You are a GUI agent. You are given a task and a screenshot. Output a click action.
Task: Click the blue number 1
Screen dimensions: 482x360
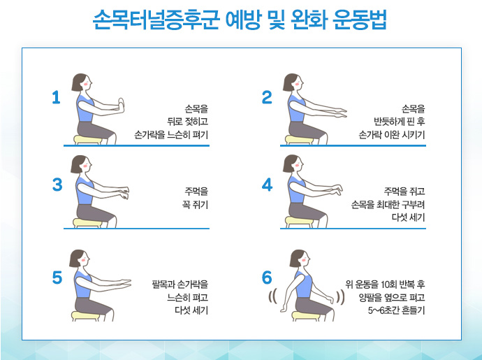point(57,97)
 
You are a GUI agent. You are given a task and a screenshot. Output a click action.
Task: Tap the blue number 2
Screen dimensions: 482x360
point(267,97)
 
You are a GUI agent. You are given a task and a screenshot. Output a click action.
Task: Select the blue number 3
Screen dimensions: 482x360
point(57,185)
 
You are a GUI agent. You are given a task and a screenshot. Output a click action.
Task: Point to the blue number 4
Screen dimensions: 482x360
point(267,185)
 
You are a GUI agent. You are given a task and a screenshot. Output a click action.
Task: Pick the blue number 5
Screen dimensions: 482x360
point(57,278)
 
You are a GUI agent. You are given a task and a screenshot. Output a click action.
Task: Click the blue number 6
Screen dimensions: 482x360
point(267,278)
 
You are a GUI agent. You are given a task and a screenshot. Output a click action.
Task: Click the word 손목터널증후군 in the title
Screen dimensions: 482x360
point(156,20)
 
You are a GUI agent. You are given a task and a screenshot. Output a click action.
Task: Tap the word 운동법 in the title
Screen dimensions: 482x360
point(359,20)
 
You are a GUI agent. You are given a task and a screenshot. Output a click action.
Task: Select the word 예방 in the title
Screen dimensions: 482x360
point(243,20)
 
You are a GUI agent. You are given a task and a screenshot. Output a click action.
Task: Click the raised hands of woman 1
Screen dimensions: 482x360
point(122,106)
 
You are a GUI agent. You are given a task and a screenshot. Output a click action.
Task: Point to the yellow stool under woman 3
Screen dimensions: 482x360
point(87,223)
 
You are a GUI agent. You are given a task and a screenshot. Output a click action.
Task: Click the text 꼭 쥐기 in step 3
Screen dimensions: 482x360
point(195,205)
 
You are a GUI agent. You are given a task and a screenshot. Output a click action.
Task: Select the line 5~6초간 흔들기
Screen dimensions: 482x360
point(396,310)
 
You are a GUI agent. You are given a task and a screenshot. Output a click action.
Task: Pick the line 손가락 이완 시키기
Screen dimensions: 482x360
point(392,135)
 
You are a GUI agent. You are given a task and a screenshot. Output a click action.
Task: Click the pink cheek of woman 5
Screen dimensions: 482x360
point(82,259)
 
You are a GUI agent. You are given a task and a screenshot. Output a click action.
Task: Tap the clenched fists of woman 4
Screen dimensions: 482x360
point(337,190)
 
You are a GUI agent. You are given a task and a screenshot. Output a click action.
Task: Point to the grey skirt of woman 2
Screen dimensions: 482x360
point(306,130)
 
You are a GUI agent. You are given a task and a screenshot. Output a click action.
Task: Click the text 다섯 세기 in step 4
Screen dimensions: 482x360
point(408,217)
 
